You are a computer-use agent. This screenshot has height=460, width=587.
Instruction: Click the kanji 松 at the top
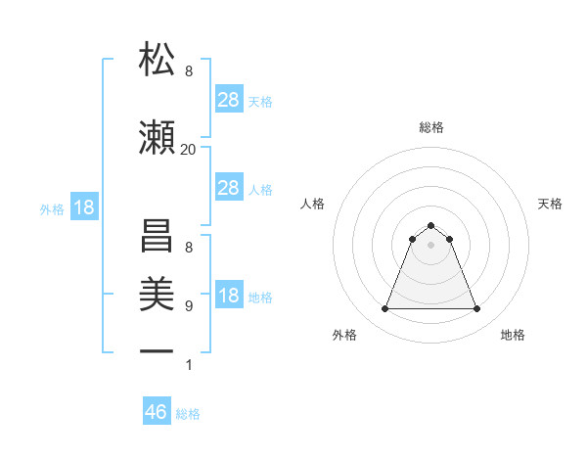(157, 60)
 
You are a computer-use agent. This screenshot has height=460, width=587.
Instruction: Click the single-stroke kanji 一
(157, 350)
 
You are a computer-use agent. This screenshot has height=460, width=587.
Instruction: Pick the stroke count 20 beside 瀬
(189, 149)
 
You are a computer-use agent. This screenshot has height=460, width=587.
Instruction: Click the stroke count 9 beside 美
(189, 306)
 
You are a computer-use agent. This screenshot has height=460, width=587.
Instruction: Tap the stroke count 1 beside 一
(189, 366)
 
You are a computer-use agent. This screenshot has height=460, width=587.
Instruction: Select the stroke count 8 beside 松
(189, 71)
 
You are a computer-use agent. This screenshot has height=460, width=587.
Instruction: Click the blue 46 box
(157, 412)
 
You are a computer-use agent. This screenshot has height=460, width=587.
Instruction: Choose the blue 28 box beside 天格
(229, 99)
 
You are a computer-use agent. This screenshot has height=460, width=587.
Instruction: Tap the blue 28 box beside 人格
(229, 188)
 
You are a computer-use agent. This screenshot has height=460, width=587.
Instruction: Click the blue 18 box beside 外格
(83, 207)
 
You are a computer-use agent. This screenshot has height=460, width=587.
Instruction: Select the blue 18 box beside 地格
(229, 297)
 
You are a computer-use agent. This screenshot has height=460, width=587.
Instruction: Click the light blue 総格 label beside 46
(188, 414)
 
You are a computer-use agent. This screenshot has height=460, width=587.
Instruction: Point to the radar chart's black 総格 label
(431, 127)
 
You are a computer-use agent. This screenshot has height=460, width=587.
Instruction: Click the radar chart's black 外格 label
(344, 335)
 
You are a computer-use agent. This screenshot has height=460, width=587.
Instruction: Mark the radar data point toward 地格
(477, 309)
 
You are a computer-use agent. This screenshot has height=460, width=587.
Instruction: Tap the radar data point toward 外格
(384, 309)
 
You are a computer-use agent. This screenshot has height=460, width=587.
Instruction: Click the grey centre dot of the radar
(431, 245)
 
